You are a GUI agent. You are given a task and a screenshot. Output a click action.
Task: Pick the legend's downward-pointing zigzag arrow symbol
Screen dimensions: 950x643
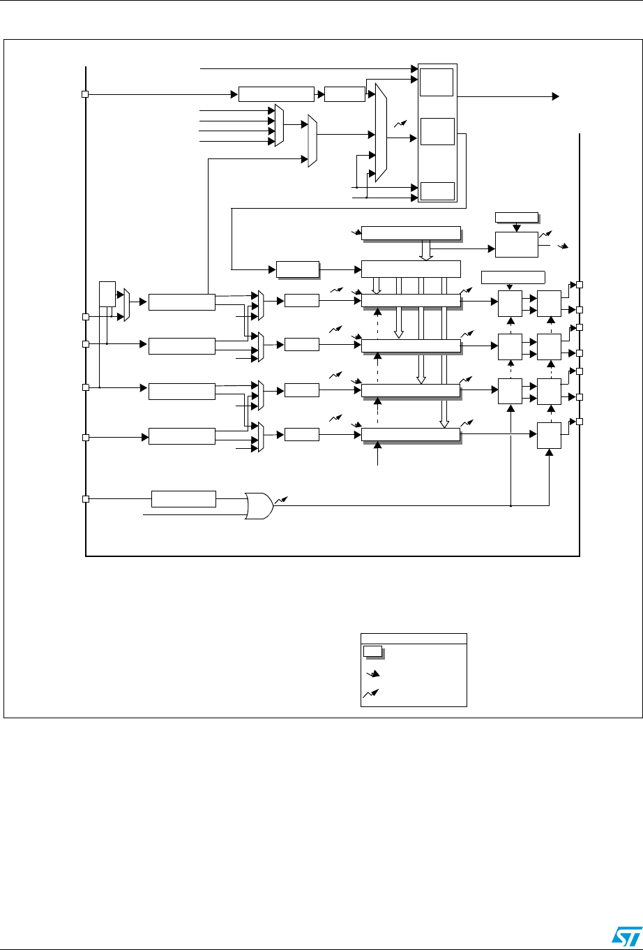tap(374, 674)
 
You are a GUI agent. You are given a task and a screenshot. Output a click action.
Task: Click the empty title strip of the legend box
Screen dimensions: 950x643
tap(413, 638)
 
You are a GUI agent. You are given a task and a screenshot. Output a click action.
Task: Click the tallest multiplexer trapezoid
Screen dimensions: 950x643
tap(381, 133)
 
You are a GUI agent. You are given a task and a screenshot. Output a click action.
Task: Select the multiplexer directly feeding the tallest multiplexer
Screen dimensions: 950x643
tap(312, 141)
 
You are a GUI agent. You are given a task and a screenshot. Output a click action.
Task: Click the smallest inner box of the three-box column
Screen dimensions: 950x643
tap(437, 190)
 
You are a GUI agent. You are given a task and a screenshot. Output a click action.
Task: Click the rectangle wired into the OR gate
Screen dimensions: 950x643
tap(183, 499)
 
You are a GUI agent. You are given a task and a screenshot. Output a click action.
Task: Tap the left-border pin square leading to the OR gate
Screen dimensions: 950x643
tap(85, 499)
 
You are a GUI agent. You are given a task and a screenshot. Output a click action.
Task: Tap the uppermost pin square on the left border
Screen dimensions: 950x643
tap(85, 94)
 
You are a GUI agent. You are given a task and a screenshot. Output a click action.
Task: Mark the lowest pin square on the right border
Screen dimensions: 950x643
tap(579, 422)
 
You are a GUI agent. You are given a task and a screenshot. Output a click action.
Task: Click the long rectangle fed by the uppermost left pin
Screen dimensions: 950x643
tap(276, 94)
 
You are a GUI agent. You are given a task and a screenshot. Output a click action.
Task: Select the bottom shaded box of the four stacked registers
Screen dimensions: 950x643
tap(411, 435)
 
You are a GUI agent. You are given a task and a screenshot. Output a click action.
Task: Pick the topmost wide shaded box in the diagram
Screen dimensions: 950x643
tap(411, 233)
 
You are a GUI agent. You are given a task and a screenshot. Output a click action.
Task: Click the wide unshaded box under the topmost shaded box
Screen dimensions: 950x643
tap(411, 268)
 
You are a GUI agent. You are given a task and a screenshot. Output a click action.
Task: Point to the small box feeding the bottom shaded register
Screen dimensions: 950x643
tap(301, 435)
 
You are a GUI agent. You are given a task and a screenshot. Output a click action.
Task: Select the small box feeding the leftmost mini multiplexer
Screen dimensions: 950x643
tap(107, 294)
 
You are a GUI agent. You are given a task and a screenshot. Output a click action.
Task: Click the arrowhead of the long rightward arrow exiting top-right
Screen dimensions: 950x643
tap(555, 95)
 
